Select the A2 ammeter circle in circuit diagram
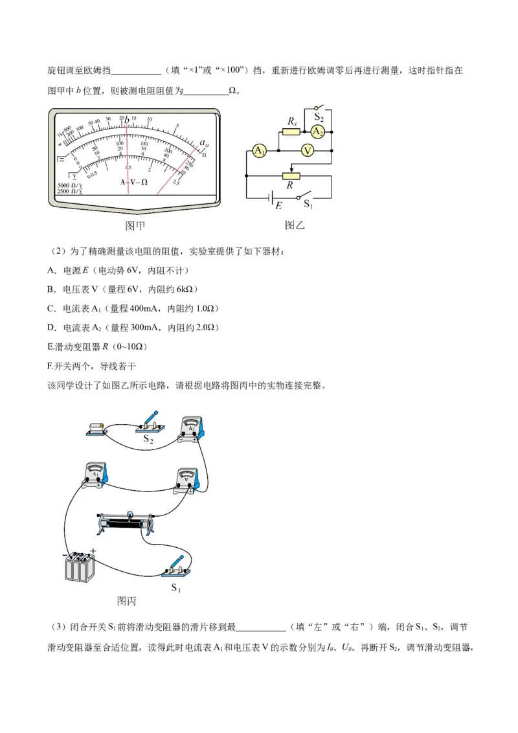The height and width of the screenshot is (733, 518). point(317,131)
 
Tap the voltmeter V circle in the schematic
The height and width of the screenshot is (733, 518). point(308,151)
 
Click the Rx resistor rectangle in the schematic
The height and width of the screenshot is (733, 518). point(291,131)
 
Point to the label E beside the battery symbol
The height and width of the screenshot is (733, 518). point(279,206)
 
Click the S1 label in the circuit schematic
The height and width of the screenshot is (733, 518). point(308,205)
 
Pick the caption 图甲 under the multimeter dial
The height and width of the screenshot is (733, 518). point(135,226)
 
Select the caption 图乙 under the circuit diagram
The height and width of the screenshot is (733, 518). point(295,225)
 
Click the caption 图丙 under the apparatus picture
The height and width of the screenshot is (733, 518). point(126,601)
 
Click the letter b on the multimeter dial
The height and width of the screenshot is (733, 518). point(128,118)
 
